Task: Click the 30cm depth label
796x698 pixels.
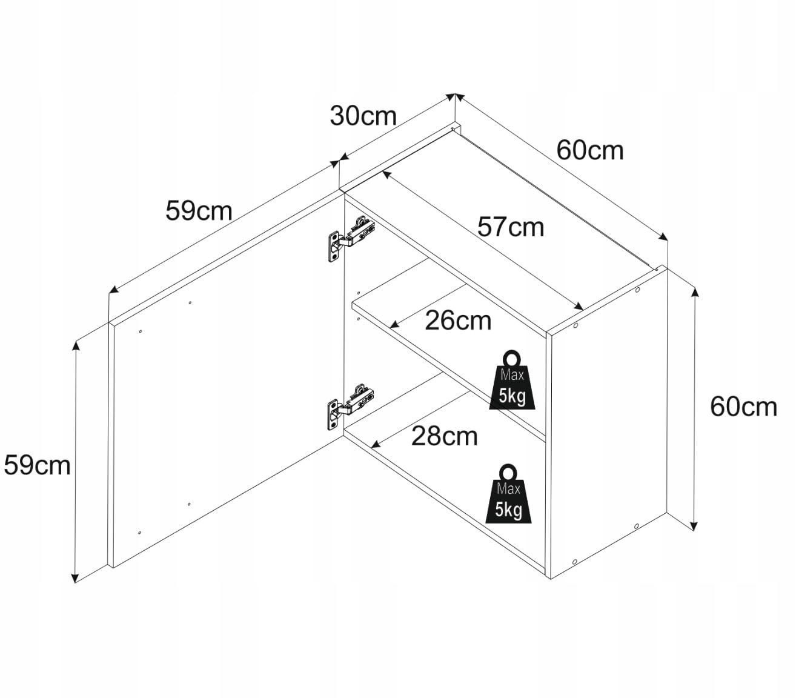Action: [363, 116]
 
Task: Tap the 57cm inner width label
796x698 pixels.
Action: [510, 227]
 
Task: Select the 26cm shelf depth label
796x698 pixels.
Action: [458, 321]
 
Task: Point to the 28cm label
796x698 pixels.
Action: [444, 436]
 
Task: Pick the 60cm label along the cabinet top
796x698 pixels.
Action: [590, 150]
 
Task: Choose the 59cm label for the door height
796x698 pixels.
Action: [37, 465]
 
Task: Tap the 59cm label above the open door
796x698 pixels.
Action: [199, 211]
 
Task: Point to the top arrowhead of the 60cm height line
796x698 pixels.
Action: [695, 291]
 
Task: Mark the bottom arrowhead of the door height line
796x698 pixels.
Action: [75, 578]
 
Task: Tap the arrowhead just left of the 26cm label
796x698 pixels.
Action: [394, 324]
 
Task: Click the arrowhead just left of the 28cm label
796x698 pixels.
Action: [376, 444]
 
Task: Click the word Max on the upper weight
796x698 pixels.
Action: [512, 375]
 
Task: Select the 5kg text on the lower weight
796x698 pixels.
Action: [508, 510]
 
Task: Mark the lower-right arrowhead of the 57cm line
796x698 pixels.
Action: [579, 307]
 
